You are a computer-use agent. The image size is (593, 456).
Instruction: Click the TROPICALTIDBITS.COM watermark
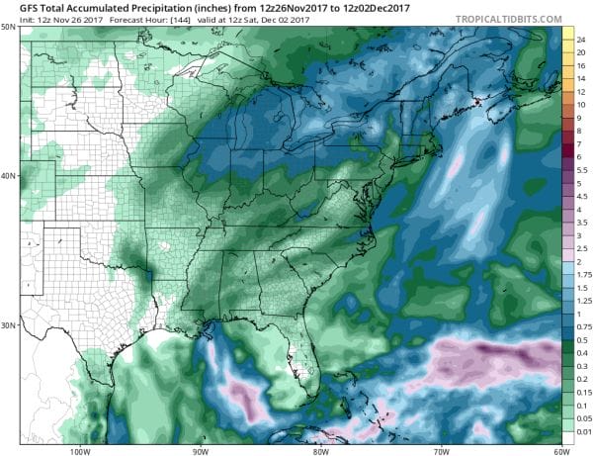tap(505, 19)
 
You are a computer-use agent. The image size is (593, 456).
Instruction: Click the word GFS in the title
tap(15, 8)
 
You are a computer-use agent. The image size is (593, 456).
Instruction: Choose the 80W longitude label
tap(320, 451)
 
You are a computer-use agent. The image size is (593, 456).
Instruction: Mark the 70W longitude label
tap(439, 451)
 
